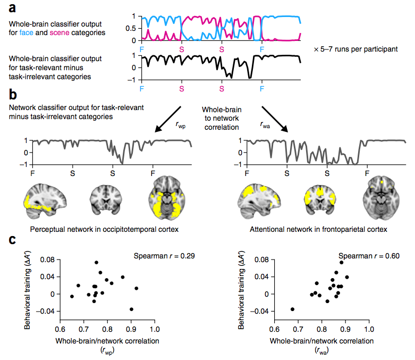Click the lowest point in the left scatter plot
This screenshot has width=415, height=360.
tap(131, 309)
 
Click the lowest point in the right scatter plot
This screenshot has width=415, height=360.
tap(292, 309)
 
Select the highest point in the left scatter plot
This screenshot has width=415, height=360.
tap(96, 262)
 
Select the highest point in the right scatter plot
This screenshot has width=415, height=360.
tap(341, 262)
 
